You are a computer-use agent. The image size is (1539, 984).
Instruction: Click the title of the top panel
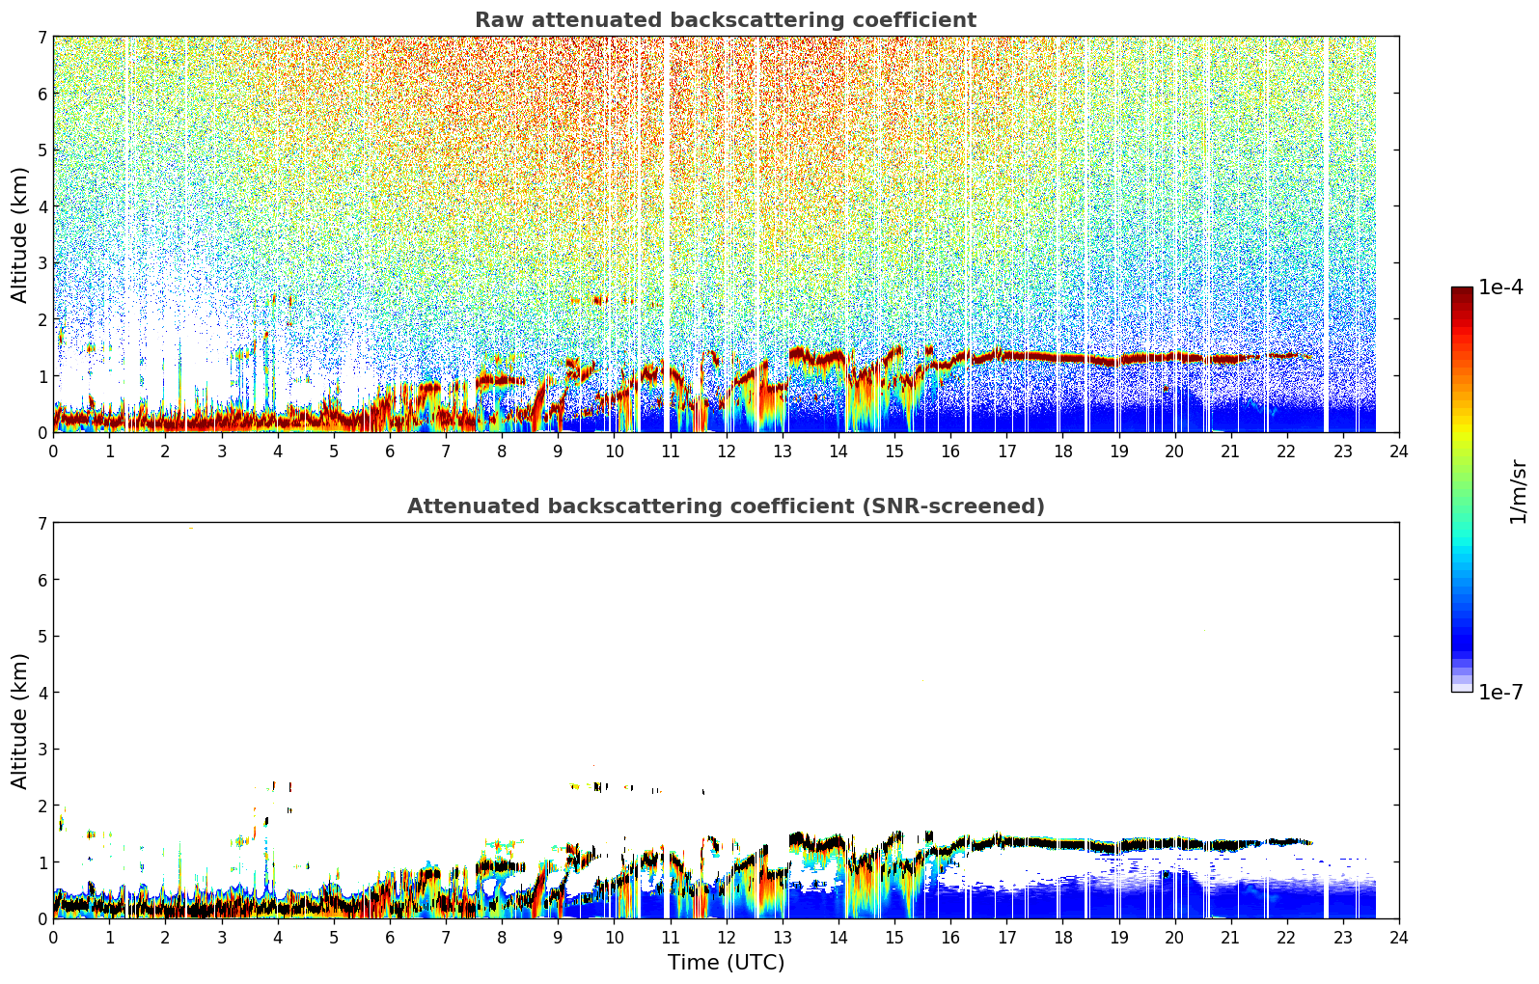tap(726, 20)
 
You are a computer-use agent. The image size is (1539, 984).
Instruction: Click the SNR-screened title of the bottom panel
tap(726, 506)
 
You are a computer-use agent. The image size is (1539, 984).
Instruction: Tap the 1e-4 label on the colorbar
tap(1501, 287)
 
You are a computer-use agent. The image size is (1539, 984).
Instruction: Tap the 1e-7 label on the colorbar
tap(1501, 692)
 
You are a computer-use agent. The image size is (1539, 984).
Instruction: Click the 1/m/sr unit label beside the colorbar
tap(1519, 493)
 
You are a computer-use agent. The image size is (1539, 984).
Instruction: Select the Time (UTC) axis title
tap(726, 963)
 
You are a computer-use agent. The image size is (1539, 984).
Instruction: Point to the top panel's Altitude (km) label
tap(19, 235)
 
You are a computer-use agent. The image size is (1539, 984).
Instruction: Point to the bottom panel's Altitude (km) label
tap(19, 721)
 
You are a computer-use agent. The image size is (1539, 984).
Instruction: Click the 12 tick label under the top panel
tap(727, 451)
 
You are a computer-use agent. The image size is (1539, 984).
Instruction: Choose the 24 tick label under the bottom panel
tap(1399, 938)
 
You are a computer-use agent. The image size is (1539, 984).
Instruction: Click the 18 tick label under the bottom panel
tap(1063, 938)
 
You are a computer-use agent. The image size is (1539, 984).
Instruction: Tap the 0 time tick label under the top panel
tap(54, 451)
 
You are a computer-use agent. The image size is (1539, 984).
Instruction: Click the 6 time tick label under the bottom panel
tap(390, 938)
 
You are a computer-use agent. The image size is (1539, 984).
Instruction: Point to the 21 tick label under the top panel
tap(1230, 451)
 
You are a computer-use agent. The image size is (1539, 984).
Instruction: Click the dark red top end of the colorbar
tap(1462, 291)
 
